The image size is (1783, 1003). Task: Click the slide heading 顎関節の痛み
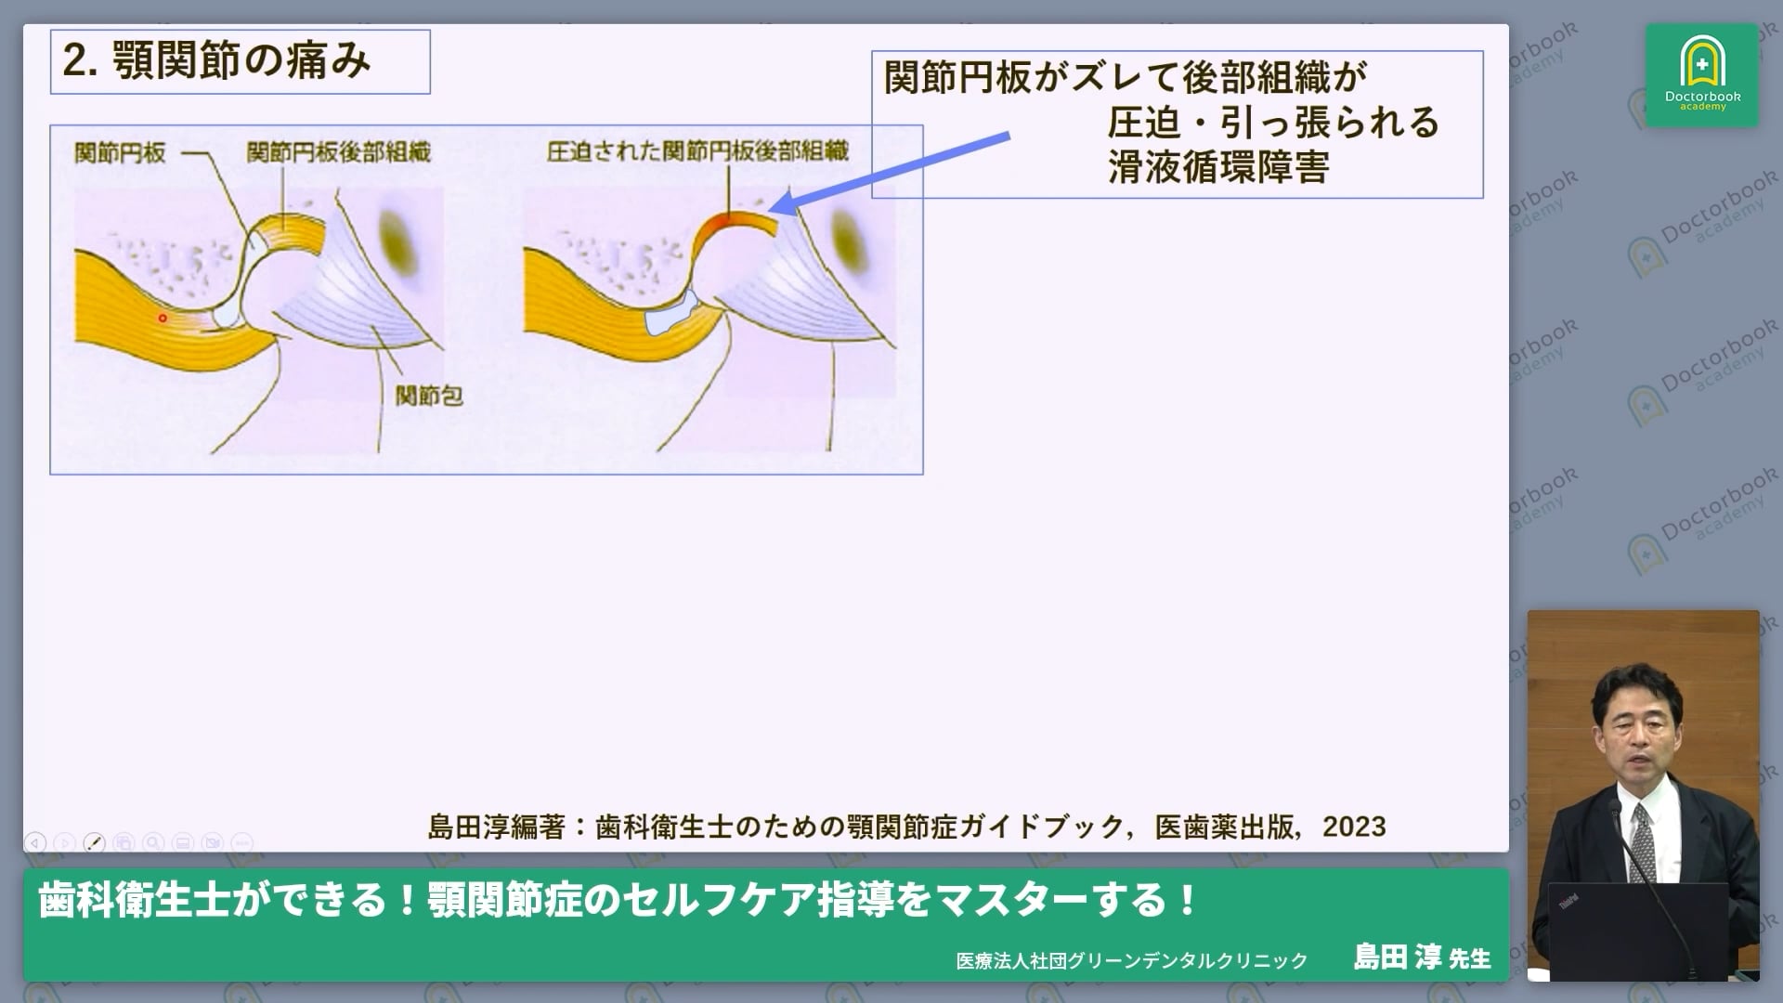pos(241,61)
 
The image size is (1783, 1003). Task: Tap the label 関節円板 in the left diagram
pos(120,152)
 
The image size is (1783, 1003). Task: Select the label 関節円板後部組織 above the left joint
pos(338,152)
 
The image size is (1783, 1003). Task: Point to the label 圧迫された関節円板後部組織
pos(697,151)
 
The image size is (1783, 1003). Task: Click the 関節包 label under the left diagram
pos(428,396)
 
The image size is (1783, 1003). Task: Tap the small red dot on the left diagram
pos(163,319)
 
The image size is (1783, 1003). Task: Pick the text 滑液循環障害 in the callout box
pos(1217,168)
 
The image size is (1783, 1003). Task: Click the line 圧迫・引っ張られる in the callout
pos(1272,123)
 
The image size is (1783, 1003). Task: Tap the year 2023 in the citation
pos(1354,827)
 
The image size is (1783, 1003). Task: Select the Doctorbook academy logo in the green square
pos(1702,74)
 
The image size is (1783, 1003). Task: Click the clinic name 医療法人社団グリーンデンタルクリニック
pos(1131,961)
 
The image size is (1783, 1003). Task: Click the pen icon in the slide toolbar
pos(94,842)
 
